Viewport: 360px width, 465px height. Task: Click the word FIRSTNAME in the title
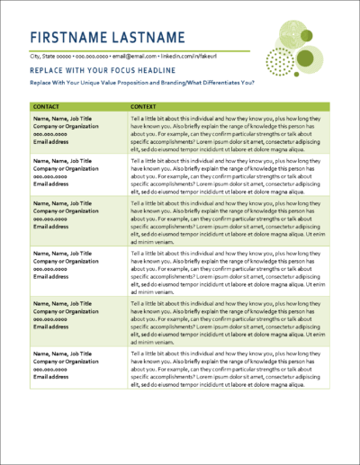click(72, 37)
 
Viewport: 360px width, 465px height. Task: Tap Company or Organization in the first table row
click(65, 126)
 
